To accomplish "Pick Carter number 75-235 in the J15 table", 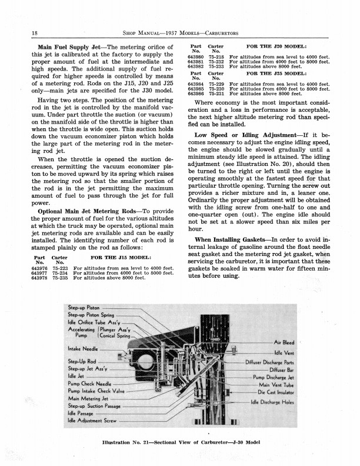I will click(59, 278).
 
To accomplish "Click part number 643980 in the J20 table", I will click(196, 56).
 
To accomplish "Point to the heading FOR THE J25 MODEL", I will click(277, 74).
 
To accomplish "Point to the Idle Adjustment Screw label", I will click(92, 421).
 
